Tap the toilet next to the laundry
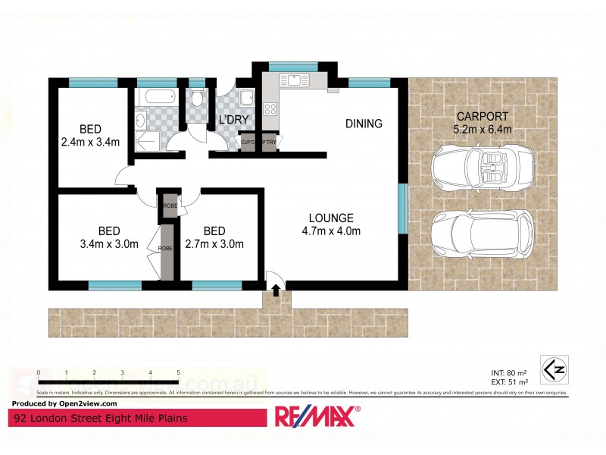click(x=196, y=99)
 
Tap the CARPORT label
click(x=483, y=117)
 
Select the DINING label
click(x=364, y=124)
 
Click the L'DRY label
click(x=234, y=120)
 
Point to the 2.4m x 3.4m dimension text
click(x=91, y=142)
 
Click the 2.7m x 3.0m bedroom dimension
click(x=214, y=244)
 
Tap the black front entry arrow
click(x=276, y=289)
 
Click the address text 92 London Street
click(x=98, y=417)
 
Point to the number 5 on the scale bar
click(x=178, y=373)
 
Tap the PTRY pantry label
click(x=270, y=142)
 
